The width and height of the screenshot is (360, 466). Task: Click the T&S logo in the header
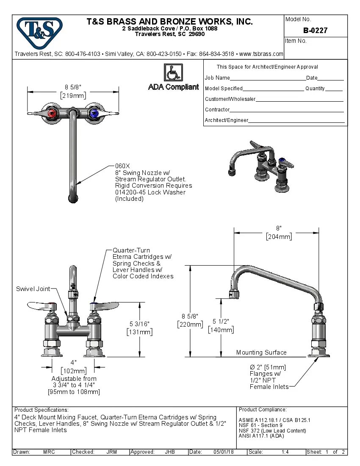(39, 30)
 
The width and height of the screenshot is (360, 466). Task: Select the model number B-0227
(315, 31)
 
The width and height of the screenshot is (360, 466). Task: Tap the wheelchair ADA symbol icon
(173, 72)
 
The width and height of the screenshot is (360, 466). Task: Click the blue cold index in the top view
(94, 113)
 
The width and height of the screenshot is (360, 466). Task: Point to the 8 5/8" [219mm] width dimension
(73, 91)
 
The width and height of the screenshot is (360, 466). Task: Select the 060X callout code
(123, 166)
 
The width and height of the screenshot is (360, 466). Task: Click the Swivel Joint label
(33, 289)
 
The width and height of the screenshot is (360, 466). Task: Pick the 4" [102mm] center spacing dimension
(73, 367)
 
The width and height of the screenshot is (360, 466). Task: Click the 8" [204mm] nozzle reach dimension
(279, 233)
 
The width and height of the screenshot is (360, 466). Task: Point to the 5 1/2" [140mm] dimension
(220, 326)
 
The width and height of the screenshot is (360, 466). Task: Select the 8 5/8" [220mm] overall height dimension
(189, 320)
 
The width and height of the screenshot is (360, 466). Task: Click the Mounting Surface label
(261, 352)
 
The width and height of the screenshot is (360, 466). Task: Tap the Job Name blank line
(268, 78)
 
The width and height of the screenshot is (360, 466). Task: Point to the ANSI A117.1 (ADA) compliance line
(261, 435)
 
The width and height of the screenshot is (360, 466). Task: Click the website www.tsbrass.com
(261, 54)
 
